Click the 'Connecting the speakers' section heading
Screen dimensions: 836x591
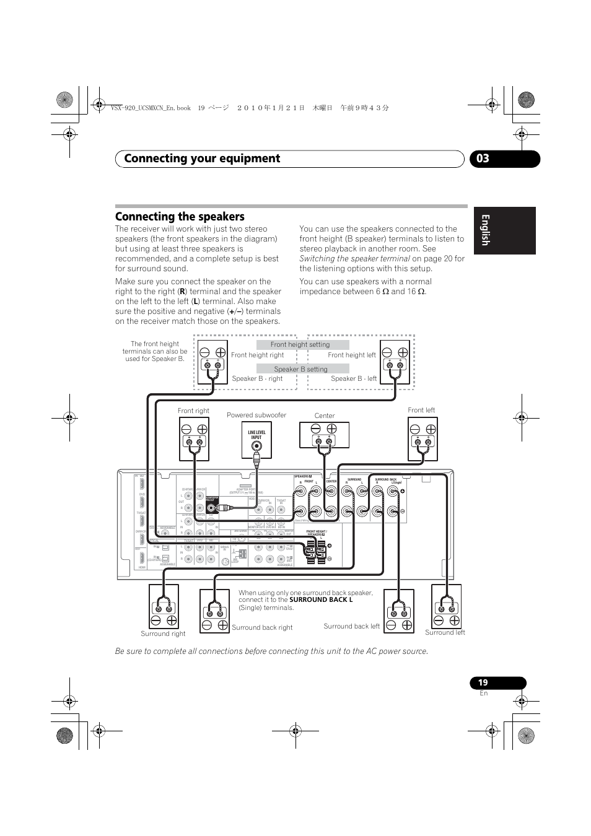tap(180, 217)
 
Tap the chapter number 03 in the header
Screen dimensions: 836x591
tap(483, 159)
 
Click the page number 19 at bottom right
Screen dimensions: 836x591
tap(483, 682)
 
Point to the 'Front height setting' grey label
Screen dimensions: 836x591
tap(300, 345)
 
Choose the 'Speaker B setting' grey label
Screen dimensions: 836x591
tap(301, 369)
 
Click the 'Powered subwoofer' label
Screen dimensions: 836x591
tap(256, 415)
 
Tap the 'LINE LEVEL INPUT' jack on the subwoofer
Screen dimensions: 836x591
tap(256, 445)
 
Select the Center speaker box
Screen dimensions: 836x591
tap(324, 435)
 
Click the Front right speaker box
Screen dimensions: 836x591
tap(194, 438)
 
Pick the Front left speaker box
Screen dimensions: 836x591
tap(422, 438)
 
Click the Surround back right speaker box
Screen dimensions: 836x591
tap(214, 611)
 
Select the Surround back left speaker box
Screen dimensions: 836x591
tap(399, 611)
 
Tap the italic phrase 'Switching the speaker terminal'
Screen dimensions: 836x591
tap(354, 258)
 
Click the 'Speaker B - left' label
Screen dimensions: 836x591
tap(354, 378)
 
